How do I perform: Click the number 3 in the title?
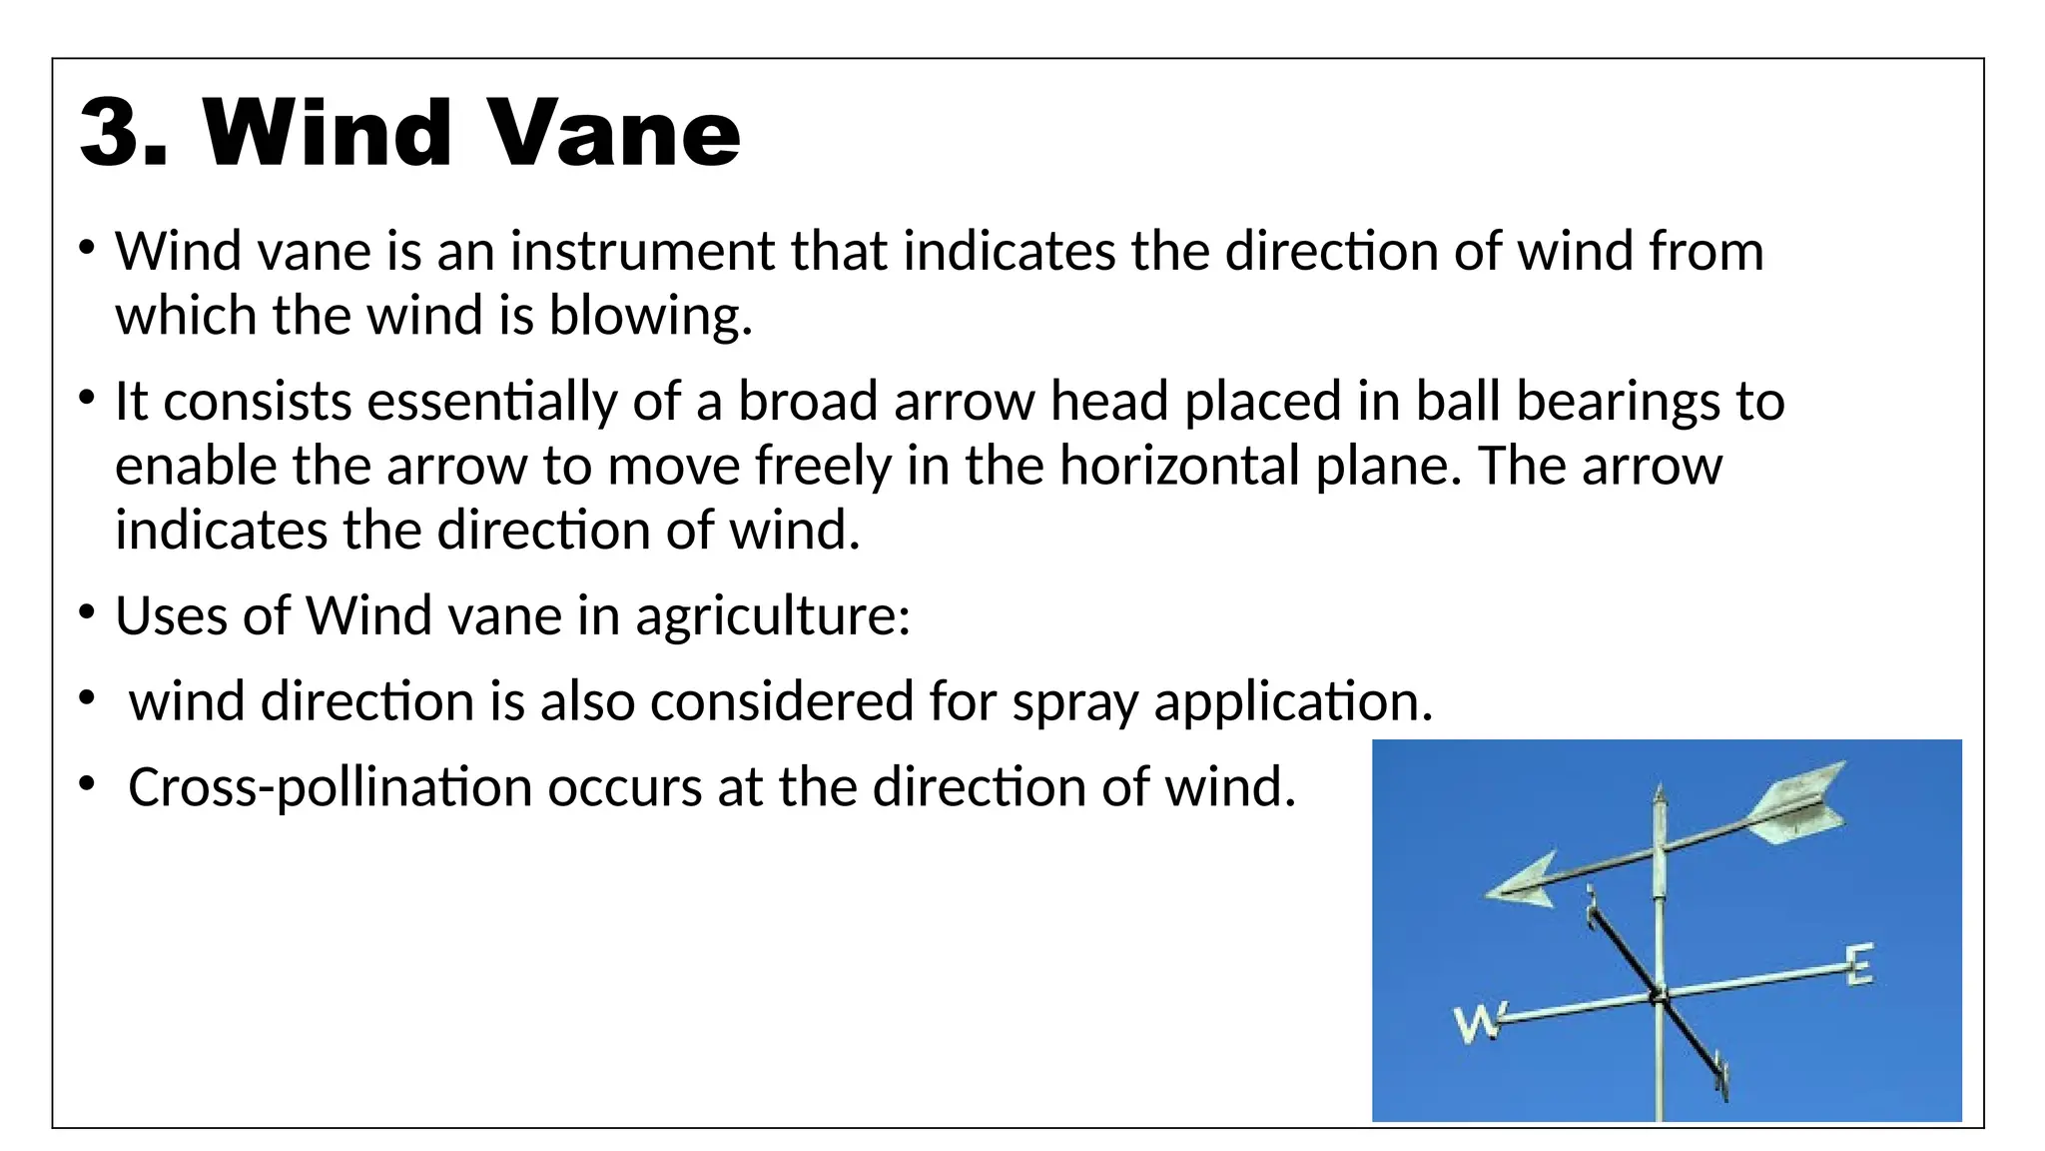click(x=112, y=133)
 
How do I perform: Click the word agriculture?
click(x=772, y=615)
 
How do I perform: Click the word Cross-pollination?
click(x=330, y=787)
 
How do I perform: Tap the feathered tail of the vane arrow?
click(x=1797, y=804)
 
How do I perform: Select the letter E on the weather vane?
click(x=1858, y=964)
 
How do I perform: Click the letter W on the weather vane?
click(x=1476, y=1023)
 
